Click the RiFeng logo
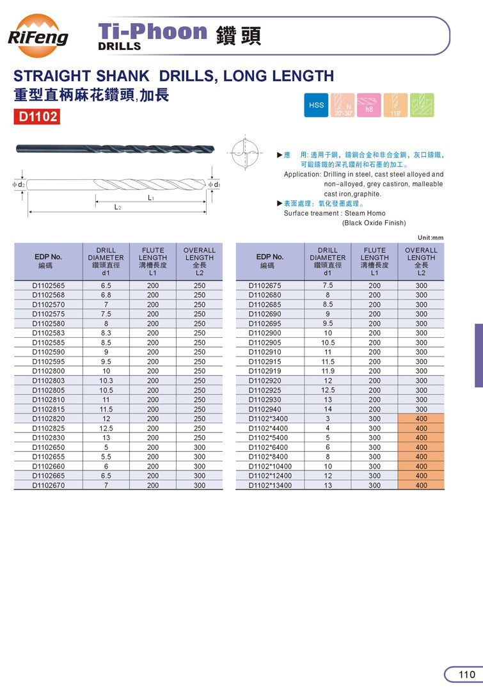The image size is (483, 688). (x=38, y=36)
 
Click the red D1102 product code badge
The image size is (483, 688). (x=36, y=116)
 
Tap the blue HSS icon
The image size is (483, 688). (x=317, y=105)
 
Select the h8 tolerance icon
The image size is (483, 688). (x=369, y=105)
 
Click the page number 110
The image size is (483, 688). (x=466, y=675)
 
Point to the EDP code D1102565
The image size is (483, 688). (x=49, y=285)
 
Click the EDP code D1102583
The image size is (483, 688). (x=49, y=333)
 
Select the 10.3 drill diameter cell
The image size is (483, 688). (x=106, y=381)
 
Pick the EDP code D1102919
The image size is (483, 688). (x=265, y=371)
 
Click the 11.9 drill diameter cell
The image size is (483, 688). (x=328, y=371)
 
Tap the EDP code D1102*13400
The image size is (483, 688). (x=269, y=485)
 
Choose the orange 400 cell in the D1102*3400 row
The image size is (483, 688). (x=421, y=419)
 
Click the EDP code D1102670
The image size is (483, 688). (x=49, y=485)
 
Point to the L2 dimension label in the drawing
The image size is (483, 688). (x=118, y=207)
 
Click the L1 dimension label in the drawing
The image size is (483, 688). (x=151, y=198)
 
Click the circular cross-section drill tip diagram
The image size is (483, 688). (x=244, y=154)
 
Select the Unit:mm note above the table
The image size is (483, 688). (x=429, y=237)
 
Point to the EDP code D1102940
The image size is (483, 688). (x=265, y=409)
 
